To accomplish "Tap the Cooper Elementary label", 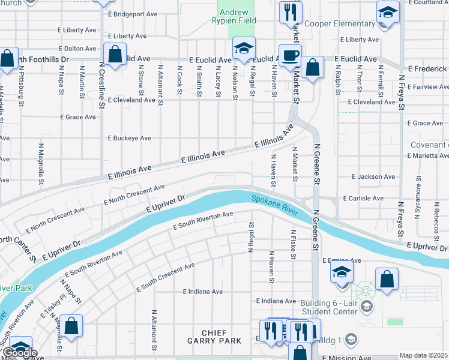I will [339, 24].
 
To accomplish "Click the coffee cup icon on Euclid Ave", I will [291, 55].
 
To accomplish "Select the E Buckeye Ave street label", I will [129, 138].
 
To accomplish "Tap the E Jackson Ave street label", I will [373, 177].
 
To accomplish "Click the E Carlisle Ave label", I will [363, 198].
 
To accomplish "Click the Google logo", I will [19, 353].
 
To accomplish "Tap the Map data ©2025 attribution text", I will [424, 355].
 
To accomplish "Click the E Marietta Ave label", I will [427, 155].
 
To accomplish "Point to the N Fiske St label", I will [293, 244].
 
